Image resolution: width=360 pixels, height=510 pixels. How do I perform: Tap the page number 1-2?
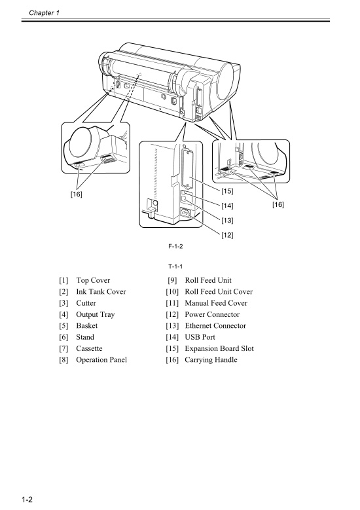[26, 500]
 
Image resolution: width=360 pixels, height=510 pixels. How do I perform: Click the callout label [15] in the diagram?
[227, 191]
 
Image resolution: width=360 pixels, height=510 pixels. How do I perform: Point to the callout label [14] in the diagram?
[227, 205]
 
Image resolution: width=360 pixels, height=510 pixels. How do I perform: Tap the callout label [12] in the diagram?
[227, 234]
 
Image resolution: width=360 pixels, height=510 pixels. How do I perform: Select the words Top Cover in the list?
[93, 280]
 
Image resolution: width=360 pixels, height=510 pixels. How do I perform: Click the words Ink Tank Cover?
[101, 291]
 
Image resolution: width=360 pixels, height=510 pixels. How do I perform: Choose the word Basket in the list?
[86, 325]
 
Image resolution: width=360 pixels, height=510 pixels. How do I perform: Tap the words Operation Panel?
[101, 359]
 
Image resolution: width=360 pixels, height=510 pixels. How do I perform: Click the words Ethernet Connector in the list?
[215, 325]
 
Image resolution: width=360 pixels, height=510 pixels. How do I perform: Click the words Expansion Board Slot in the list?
[219, 348]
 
